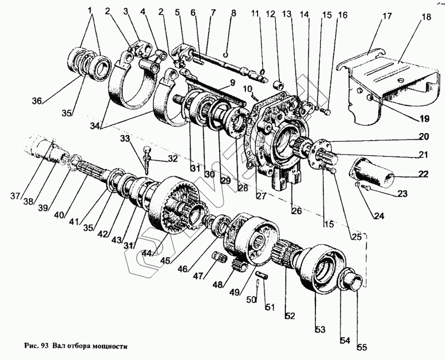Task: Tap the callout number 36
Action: tap(37, 101)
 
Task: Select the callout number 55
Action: tap(362, 349)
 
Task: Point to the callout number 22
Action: tap(423, 174)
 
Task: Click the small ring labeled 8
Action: tap(225, 55)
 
